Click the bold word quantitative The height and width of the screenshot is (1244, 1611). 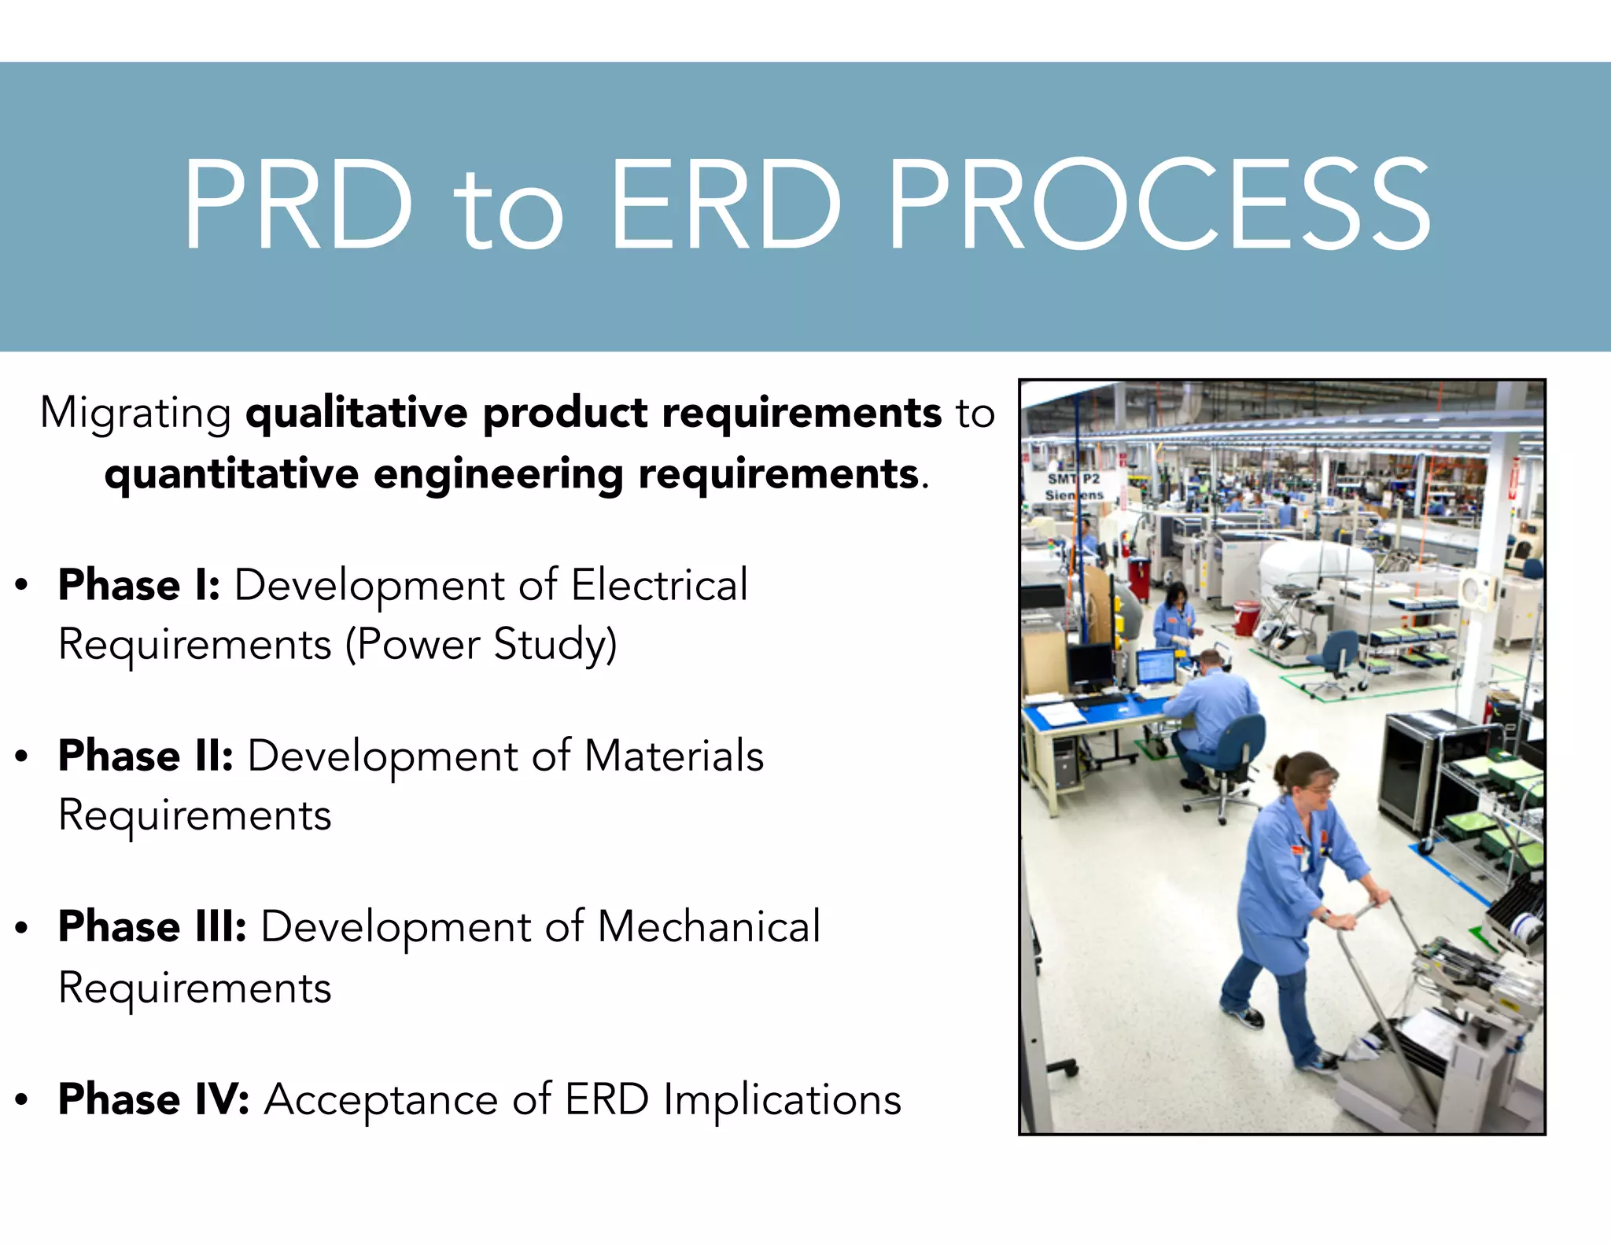[x=232, y=475]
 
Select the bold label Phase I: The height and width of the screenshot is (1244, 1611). [x=139, y=585]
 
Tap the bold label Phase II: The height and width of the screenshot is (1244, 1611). [x=146, y=756]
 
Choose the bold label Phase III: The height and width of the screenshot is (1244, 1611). [x=153, y=927]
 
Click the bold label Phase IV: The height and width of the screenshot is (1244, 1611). [x=154, y=1099]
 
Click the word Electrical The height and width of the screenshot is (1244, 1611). [x=659, y=585]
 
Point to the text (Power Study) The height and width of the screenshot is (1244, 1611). [x=481, y=645]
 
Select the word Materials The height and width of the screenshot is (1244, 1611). [x=673, y=756]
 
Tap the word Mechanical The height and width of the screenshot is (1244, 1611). [x=709, y=927]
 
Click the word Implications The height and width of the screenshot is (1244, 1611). [x=782, y=1099]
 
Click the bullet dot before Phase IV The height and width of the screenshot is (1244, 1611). [x=22, y=1100]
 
